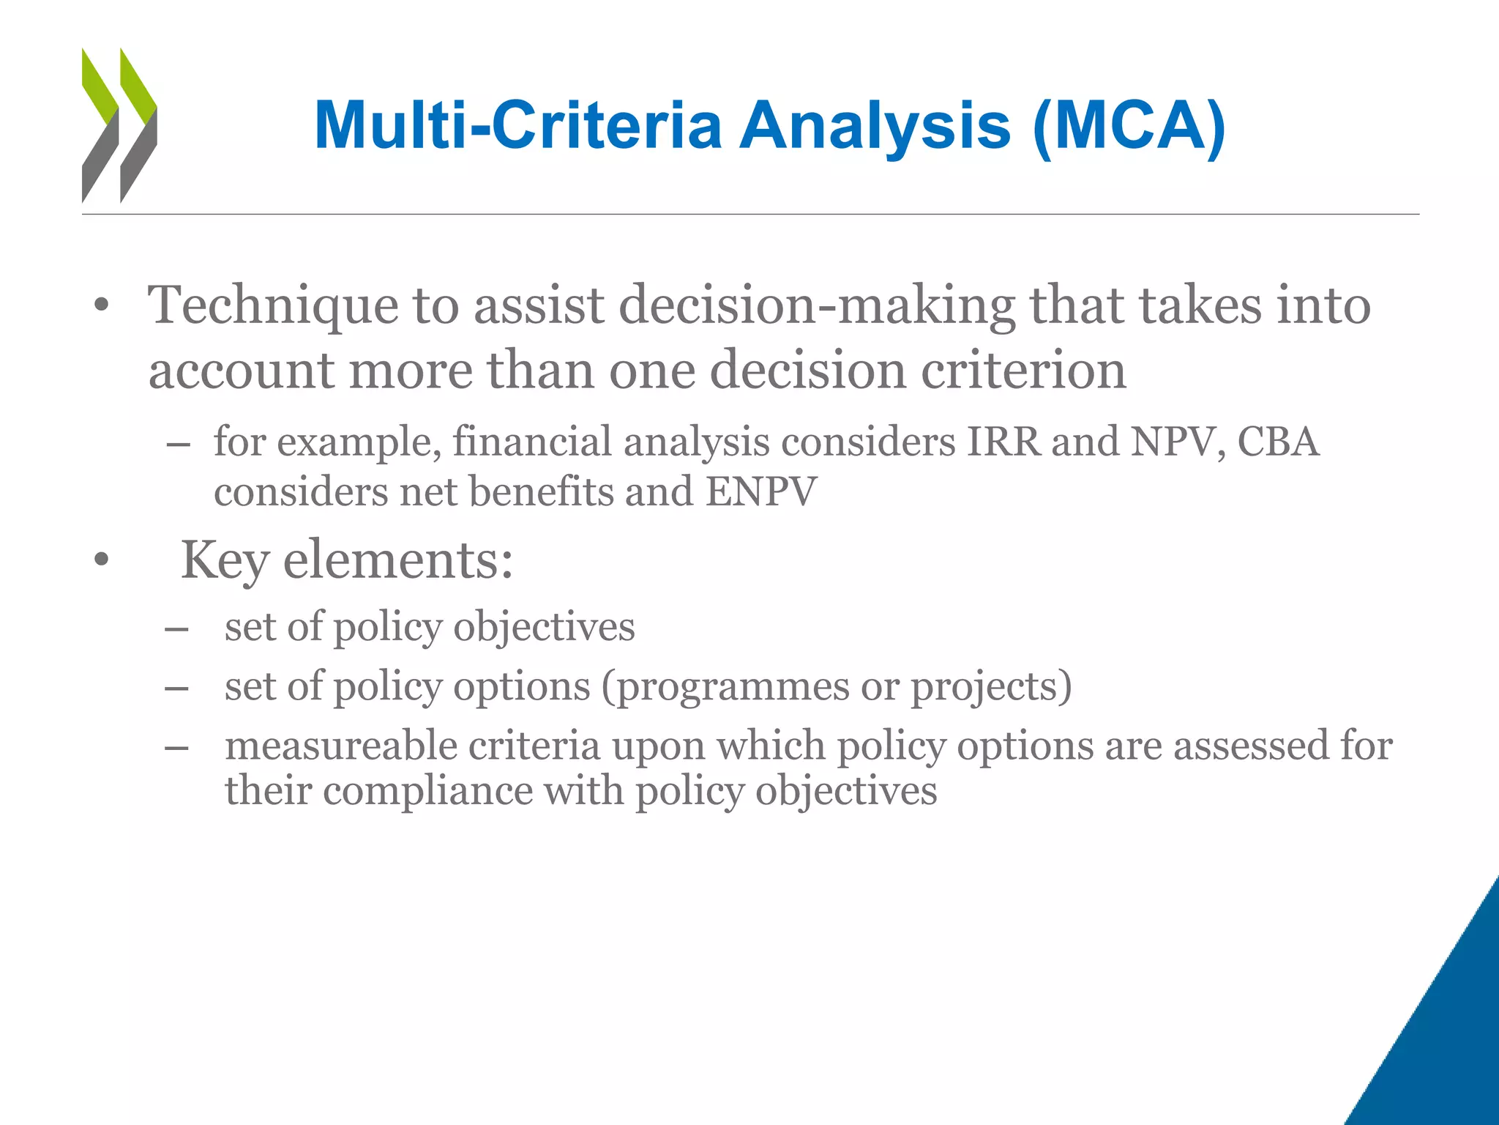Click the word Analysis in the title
pyautogui.click(x=875, y=126)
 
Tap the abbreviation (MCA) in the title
pyautogui.click(x=1129, y=126)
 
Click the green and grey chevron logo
pyautogui.click(x=119, y=125)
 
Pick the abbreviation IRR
pyautogui.click(x=1003, y=442)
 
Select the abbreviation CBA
pyautogui.click(x=1278, y=442)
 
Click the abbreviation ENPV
pyautogui.click(x=760, y=492)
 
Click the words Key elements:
pyautogui.click(x=347, y=560)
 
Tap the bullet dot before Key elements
pyautogui.click(x=101, y=562)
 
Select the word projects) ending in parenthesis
pyautogui.click(x=991, y=687)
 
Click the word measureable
pyautogui.click(x=340, y=746)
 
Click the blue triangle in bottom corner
pyautogui.click(x=1446, y=1040)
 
